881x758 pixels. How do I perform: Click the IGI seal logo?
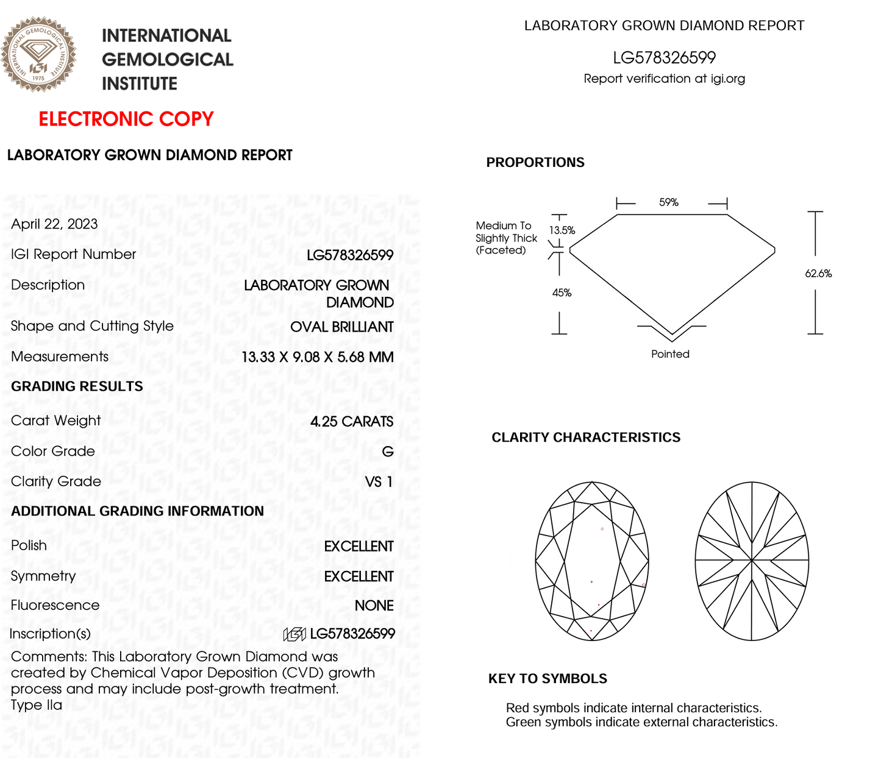[x=38, y=54]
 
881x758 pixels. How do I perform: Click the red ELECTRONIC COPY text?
[x=126, y=119]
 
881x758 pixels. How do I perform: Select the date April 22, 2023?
[x=54, y=224]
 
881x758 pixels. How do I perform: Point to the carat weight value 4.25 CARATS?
[x=351, y=422]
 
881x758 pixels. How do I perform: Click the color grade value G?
[x=388, y=452]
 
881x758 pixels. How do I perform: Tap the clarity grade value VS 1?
[x=379, y=482]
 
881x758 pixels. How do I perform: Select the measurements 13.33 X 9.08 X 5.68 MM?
[x=317, y=357]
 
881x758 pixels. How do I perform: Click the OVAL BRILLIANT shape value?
[x=341, y=327]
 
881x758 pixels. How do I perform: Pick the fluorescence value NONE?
[x=374, y=606]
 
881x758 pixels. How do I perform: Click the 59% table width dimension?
[x=669, y=202]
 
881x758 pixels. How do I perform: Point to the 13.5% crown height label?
[x=562, y=230]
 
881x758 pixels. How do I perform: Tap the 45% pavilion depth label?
[x=562, y=293]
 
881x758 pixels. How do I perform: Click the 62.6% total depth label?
[x=818, y=274]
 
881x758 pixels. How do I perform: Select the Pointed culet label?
[x=670, y=354]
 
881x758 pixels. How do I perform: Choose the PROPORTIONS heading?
[x=535, y=163]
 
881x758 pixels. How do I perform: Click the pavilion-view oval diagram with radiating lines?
[x=752, y=561]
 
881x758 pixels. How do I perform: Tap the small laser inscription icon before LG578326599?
[x=294, y=634]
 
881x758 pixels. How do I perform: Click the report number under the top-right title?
[x=664, y=58]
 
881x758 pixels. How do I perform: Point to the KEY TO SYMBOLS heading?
[x=548, y=679]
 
